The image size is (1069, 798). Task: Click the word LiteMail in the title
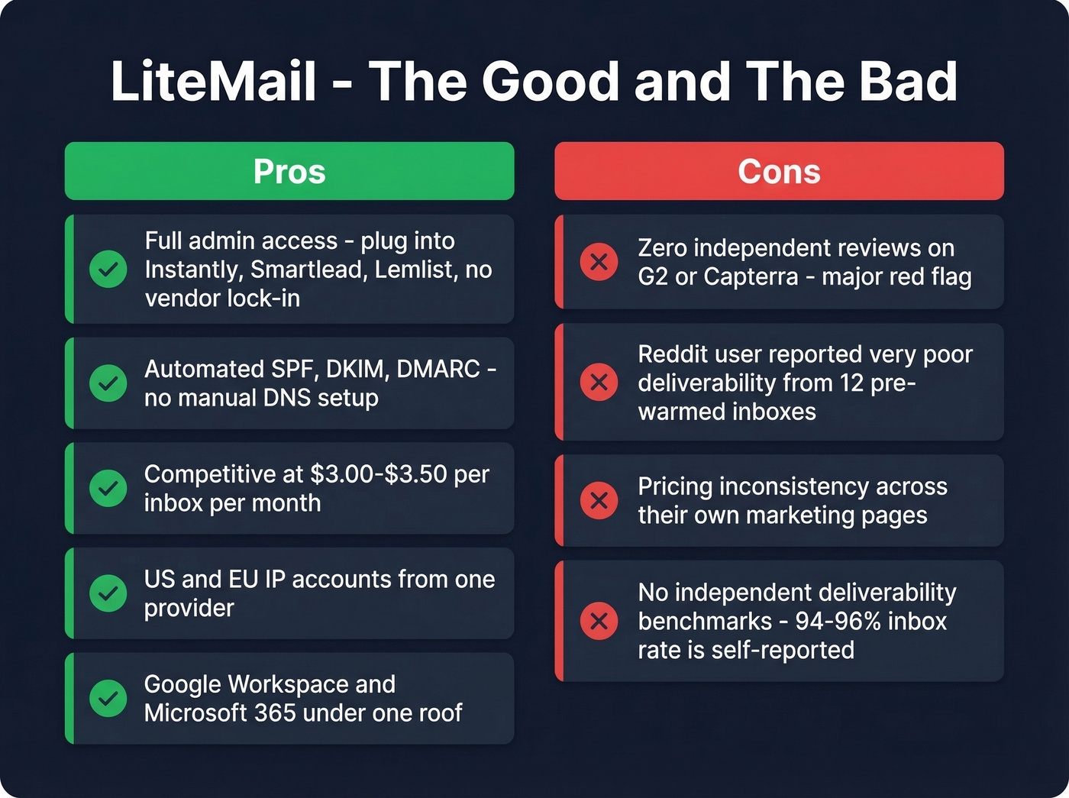pos(213,81)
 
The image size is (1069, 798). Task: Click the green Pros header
pos(289,171)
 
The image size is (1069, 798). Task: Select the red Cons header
pos(779,171)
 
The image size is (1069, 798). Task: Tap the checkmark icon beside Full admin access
pos(108,269)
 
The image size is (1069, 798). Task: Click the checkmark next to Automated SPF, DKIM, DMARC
pos(108,383)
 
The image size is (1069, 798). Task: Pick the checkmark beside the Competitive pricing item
pos(108,488)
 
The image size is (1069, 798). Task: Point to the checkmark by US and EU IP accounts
pos(108,593)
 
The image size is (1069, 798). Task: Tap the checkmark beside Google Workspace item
pos(108,698)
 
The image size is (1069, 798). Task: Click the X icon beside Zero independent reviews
pos(599,262)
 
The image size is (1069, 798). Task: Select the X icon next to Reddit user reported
pos(599,382)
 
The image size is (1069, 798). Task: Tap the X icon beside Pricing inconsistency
pos(599,500)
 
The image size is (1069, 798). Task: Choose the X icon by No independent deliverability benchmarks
pos(599,621)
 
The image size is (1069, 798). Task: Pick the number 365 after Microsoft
pos(276,713)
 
